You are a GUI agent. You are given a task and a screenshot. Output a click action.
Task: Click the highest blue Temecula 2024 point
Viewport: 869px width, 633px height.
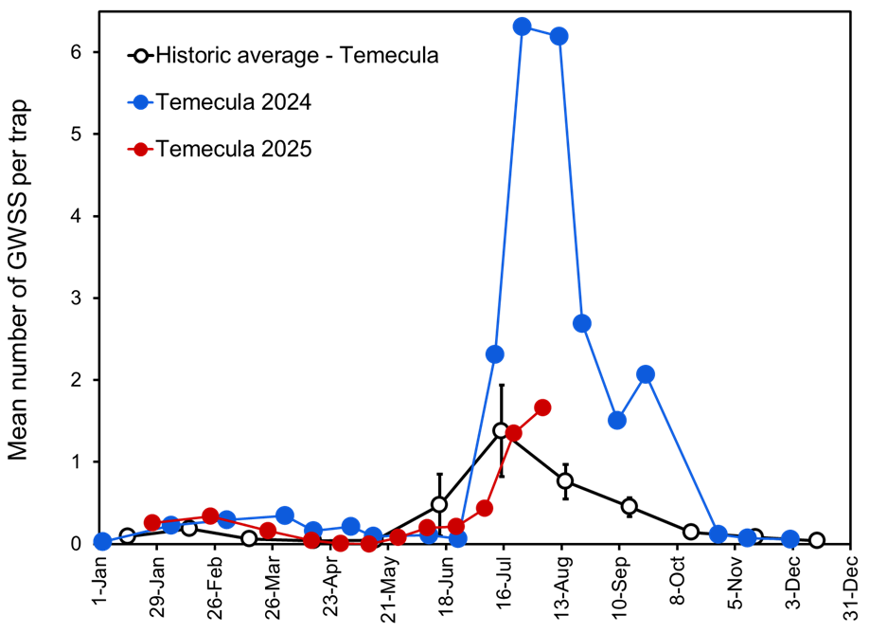click(522, 27)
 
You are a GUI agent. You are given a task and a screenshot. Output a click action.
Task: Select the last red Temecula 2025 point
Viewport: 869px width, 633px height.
click(542, 407)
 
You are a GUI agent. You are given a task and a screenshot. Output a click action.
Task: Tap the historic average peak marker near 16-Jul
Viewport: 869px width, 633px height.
click(502, 430)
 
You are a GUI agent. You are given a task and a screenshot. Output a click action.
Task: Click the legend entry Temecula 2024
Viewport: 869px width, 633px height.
click(234, 102)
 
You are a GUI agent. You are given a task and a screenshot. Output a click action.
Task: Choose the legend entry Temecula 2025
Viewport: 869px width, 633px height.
click(234, 149)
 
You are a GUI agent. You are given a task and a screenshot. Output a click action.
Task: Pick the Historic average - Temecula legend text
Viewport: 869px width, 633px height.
click(297, 55)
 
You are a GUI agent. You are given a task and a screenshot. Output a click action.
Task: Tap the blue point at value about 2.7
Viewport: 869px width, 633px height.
click(582, 323)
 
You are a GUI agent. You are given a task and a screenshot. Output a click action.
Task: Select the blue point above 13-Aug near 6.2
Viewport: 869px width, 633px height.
click(559, 36)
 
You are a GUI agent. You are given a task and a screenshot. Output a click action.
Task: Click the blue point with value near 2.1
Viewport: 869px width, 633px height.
click(646, 374)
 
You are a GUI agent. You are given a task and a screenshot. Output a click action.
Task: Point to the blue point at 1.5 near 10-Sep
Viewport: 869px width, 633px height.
click(617, 420)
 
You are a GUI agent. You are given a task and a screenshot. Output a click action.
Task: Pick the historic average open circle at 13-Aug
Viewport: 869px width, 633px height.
click(565, 480)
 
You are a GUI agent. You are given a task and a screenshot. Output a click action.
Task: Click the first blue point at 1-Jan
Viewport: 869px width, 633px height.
click(102, 542)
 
